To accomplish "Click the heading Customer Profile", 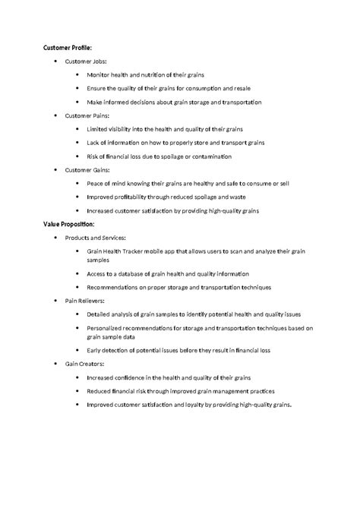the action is [x=68, y=47].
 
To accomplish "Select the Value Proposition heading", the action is [x=68, y=225].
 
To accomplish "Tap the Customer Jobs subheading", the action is [x=86, y=61].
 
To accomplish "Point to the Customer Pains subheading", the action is [x=87, y=115].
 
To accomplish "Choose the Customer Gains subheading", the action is [x=87, y=170].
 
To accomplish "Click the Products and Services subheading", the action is [x=95, y=238].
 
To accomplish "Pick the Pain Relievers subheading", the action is [x=84, y=301].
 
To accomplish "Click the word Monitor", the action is [x=99, y=74].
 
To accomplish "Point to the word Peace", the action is [x=95, y=184].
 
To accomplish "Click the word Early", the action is [x=94, y=350].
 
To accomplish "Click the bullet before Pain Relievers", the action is [x=56, y=301].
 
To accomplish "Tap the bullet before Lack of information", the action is [x=77, y=143].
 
